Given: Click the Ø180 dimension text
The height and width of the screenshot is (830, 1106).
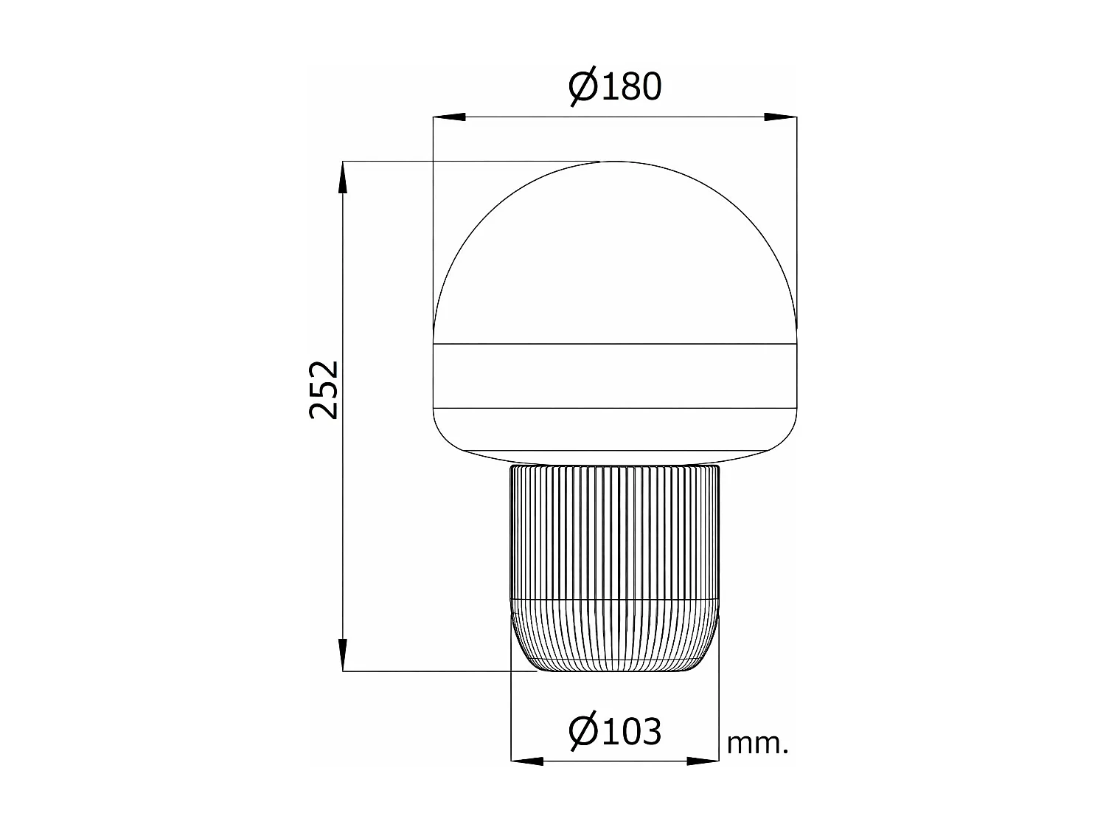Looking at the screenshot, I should (x=615, y=87).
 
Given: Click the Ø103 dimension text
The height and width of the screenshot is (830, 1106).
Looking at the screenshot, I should (x=615, y=731).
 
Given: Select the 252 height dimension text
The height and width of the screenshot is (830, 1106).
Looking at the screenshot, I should (x=324, y=390).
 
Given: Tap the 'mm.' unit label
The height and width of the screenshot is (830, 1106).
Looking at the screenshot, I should (x=757, y=744).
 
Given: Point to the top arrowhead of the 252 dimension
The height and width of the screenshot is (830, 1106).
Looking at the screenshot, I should (x=343, y=178).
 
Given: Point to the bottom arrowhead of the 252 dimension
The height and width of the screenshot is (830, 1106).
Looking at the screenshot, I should (x=343, y=654).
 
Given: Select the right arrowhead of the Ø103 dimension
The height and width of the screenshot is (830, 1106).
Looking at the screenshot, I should (x=702, y=760).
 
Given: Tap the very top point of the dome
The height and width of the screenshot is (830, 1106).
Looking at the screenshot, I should (x=614, y=162).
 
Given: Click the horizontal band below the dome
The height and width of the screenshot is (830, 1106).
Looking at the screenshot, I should (x=614, y=376).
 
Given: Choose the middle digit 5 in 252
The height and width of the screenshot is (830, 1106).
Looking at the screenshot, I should (x=324, y=390).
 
